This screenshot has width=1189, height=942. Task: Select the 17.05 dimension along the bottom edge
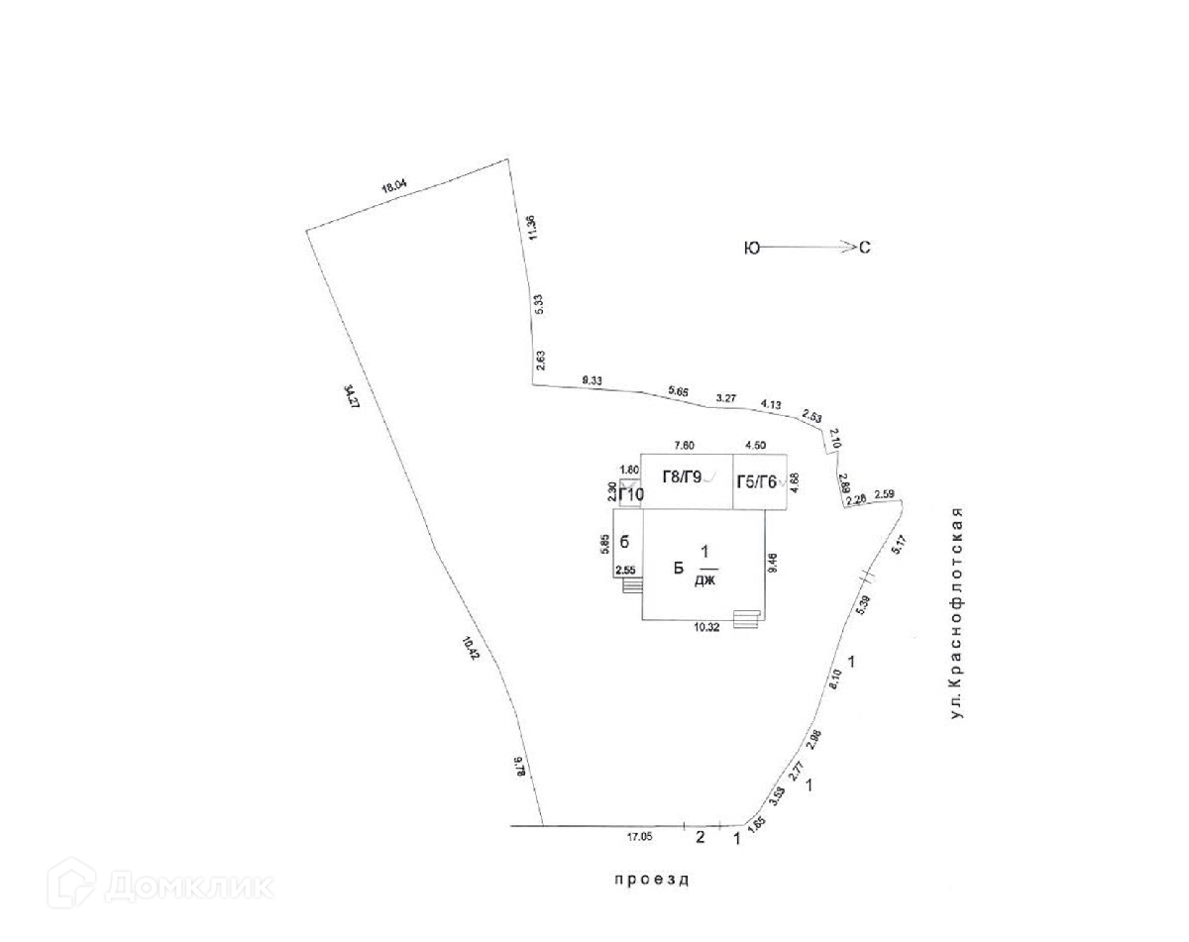pos(639,837)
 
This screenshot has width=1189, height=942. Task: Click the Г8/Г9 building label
pos(682,479)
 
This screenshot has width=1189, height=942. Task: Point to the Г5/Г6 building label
pos(758,481)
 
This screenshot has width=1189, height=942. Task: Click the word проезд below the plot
pos(650,879)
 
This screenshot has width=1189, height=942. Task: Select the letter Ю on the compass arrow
pos(751,249)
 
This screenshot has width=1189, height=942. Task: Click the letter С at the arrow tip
pos(864,249)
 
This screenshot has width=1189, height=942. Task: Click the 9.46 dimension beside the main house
pos(771,565)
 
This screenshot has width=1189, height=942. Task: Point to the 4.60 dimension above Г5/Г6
pos(761,445)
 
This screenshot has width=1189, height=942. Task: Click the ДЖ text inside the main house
pos(704,580)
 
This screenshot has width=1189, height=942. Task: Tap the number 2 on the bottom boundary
pos(700,838)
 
